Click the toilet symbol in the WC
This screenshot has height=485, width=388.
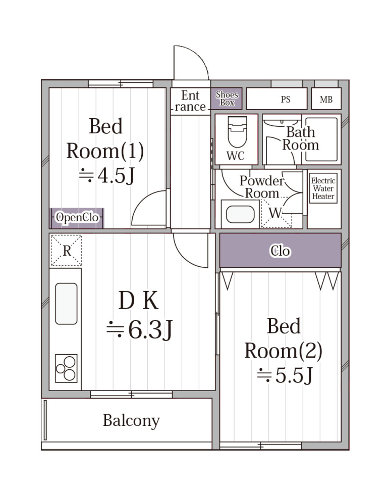click(x=237, y=132)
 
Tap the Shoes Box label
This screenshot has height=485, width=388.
click(x=227, y=99)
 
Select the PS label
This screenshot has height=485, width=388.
click(x=286, y=100)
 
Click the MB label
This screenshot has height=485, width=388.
click(x=326, y=100)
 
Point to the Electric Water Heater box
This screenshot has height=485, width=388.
click(x=323, y=188)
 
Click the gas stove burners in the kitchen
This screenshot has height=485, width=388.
click(x=66, y=368)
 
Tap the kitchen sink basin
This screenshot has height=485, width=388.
click(x=66, y=304)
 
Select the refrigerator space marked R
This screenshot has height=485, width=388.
click(x=67, y=250)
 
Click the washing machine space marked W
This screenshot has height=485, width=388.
click(x=276, y=213)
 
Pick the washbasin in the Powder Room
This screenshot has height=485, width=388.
click(x=240, y=214)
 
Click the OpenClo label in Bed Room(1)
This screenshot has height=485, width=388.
click(x=77, y=217)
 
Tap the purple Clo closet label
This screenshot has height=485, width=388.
click(x=280, y=251)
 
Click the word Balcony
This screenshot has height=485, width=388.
click(x=131, y=421)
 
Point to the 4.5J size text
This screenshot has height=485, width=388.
click(x=106, y=175)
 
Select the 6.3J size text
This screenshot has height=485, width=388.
click(x=139, y=330)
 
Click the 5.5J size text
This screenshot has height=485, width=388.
click(x=285, y=375)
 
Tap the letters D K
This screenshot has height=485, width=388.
click(x=138, y=300)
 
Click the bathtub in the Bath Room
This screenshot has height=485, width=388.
click(x=320, y=139)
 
